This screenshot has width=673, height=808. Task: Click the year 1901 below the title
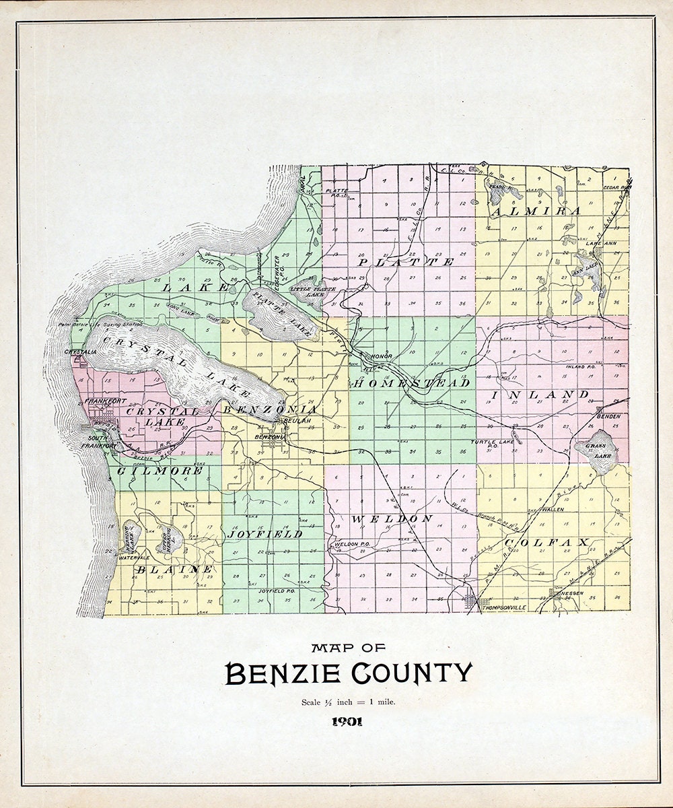tap(347, 722)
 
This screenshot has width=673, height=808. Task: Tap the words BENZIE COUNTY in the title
tap(349, 673)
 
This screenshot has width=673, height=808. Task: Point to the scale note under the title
tap(348, 702)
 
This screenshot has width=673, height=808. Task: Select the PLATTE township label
tap(406, 261)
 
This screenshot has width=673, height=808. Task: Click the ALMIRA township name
tap(536, 211)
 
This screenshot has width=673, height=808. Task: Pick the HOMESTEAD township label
tap(410, 383)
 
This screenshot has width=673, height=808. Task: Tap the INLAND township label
tap(541, 394)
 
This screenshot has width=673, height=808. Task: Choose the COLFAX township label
tap(546, 542)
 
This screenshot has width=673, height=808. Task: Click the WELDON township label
tap(391, 518)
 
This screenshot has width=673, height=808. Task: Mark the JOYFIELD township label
tap(264, 533)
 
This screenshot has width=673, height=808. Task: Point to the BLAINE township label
tap(174, 570)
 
